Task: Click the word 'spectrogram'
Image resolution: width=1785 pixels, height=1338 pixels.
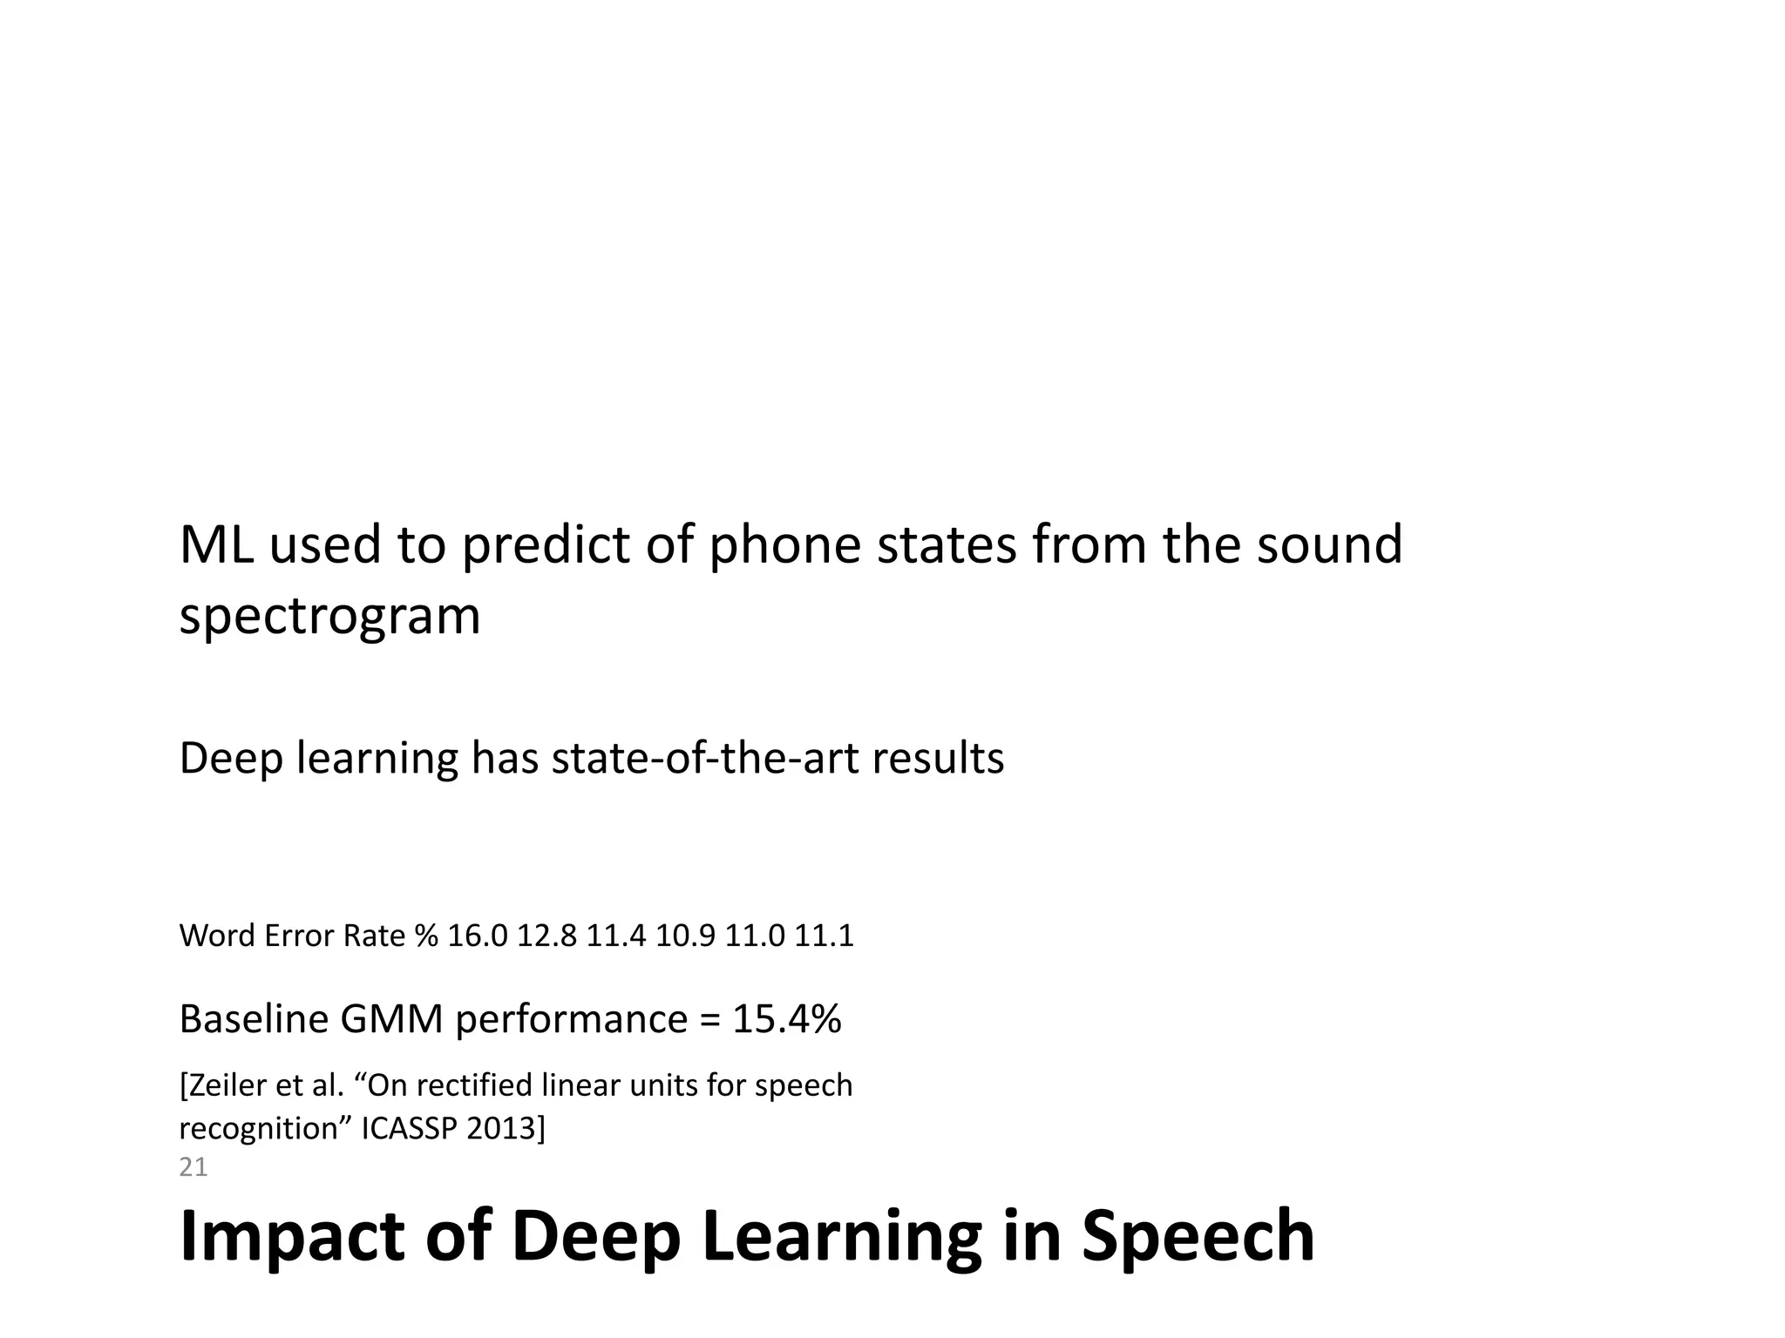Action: pyautogui.click(x=329, y=618)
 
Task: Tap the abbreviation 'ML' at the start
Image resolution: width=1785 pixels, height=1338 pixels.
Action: pyautogui.click(x=216, y=545)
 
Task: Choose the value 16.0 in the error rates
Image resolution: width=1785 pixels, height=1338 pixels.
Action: pyautogui.click(x=477, y=936)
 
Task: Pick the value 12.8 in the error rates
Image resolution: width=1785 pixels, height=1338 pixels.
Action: pyautogui.click(x=546, y=936)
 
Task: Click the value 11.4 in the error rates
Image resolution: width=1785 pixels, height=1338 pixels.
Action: pyautogui.click(x=615, y=936)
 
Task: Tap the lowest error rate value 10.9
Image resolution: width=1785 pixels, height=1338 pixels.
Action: pyautogui.click(x=685, y=936)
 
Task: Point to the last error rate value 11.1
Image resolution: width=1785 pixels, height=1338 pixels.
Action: pyautogui.click(x=824, y=936)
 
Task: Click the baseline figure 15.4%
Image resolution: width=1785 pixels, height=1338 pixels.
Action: pyautogui.click(x=786, y=1019)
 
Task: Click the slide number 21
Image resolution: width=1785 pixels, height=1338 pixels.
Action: pyautogui.click(x=193, y=1167)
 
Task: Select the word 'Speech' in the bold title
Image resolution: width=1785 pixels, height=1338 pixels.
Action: pyautogui.click(x=1198, y=1237)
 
